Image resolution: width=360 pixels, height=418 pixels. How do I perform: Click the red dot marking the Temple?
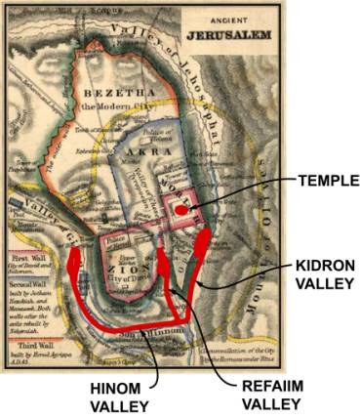(x=182, y=209)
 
